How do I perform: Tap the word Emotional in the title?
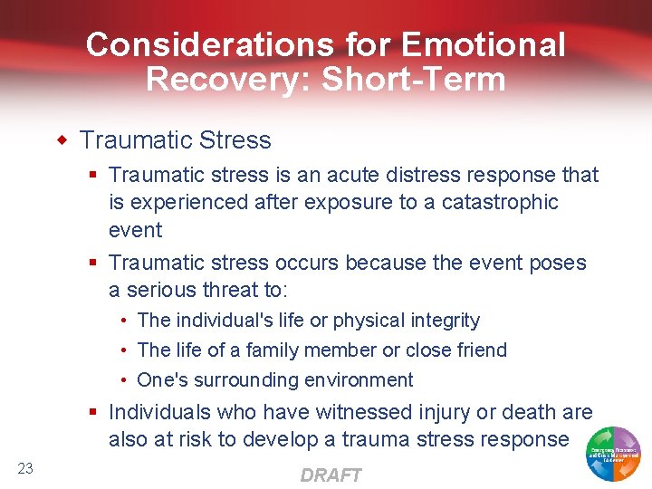(483, 44)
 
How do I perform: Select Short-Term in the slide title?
(415, 79)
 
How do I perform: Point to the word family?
(273, 350)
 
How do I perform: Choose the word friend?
(479, 350)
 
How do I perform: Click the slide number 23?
(25, 468)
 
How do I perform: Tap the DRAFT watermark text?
(331, 475)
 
